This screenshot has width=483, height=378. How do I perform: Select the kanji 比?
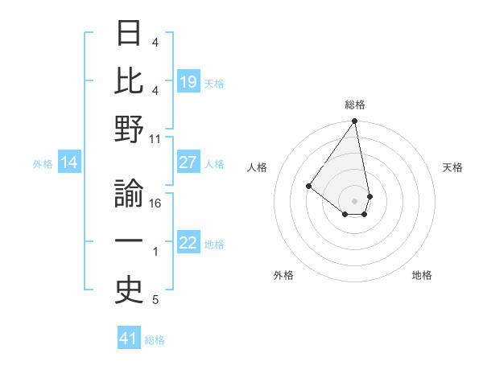click(x=130, y=81)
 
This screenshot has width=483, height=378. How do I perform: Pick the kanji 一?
click(x=130, y=241)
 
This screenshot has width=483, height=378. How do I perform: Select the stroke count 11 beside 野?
click(x=155, y=138)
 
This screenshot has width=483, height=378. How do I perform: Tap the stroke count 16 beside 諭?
click(x=155, y=203)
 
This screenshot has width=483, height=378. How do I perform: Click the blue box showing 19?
click(x=188, y=81)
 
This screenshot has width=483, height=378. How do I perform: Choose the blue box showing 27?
click(x=188, y=162)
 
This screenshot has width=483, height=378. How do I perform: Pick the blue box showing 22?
click(x=188, y=243)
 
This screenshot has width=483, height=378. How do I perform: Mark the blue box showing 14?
click(x=69, y=163)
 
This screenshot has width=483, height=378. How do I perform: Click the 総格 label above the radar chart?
click(x=354, y=105)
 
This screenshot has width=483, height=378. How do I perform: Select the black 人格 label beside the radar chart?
click(x=258, y=167)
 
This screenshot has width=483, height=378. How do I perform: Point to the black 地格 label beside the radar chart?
click(x=422, y=275)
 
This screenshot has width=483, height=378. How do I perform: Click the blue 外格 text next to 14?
click(x=43, y=164)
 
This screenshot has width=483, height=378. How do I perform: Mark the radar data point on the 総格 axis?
click(x=354, y=121)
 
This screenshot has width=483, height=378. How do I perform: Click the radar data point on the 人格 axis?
click(x=308, y=186)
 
